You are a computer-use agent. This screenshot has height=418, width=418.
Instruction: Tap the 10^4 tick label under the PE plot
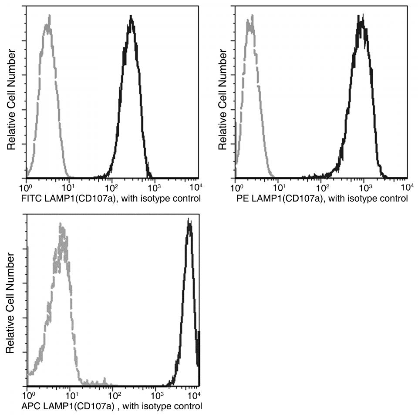click(x=407, y=188)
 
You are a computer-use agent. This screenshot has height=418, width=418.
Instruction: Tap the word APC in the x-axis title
click(x=29, y=407)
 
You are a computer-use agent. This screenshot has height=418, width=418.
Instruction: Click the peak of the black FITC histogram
click(x=131, y=17)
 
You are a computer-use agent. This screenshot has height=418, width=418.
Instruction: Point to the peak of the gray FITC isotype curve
click(x=49, y=17)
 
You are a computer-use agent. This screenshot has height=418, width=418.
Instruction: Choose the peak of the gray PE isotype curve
click(x=251, y=18)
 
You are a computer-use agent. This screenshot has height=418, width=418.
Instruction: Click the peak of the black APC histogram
click(x=189, y=220)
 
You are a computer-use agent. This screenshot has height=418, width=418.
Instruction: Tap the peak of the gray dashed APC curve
click(x=61, y=225)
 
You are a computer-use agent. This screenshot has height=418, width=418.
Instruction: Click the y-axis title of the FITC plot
click(x=11, y=100)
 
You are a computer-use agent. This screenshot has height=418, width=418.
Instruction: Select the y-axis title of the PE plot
click(x=223, y=100)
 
